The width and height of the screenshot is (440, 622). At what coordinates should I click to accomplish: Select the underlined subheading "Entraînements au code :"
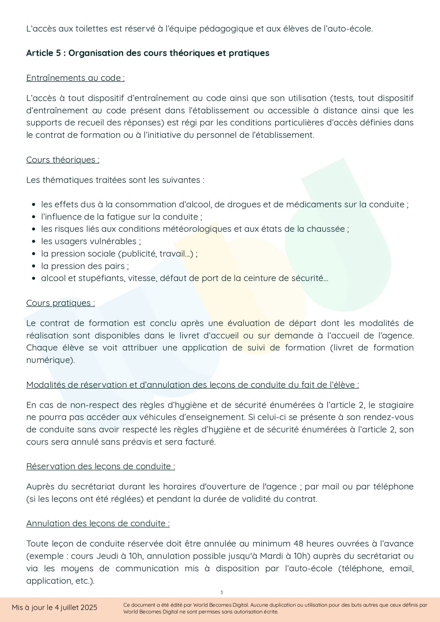click(75, 78)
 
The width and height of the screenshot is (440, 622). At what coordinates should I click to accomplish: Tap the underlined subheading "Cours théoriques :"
click(63, 160)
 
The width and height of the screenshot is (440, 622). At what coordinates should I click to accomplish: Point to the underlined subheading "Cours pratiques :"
click(60, 303)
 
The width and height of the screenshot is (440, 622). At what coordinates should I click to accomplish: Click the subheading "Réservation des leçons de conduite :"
click(100, 466)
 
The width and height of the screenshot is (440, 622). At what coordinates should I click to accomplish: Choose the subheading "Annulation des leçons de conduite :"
click(98, 523)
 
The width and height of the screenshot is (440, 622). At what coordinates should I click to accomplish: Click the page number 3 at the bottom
click(222, 593)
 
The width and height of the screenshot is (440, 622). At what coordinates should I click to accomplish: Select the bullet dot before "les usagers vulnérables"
click(34, 242)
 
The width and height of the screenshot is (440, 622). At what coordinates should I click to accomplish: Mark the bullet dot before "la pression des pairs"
click(34, 266)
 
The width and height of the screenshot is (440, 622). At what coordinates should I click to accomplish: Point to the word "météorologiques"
click(197, 229)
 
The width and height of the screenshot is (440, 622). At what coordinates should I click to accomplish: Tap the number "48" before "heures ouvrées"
click(299, 544)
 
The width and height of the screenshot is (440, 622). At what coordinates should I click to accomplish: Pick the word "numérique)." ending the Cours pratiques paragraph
click(50, 360)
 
